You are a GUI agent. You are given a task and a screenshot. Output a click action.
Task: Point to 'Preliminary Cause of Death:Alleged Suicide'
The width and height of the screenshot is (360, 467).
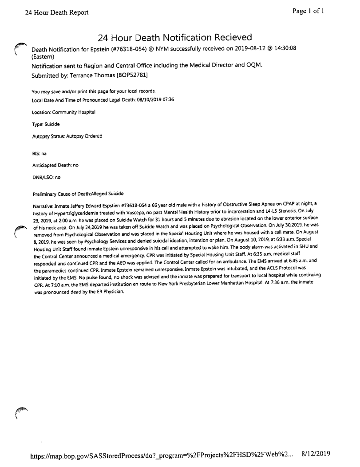click(78, 194)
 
